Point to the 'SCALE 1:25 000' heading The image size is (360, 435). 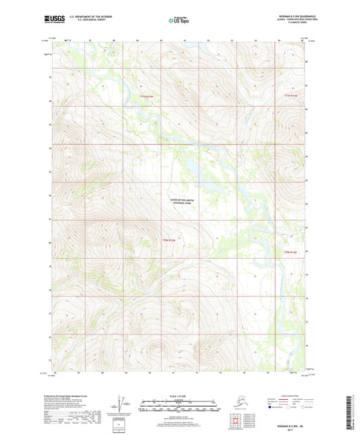179,396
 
